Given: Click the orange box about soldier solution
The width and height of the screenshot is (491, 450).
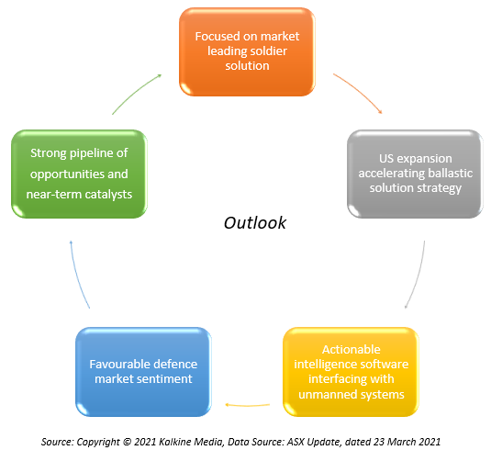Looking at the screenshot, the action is tap(247, 51).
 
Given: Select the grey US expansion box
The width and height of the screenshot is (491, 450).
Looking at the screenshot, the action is tap(415, 174).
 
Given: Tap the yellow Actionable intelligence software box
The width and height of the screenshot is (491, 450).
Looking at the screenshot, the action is tap(351, 372).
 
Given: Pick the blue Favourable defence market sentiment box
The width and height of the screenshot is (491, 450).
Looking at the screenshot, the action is tap(143, 372).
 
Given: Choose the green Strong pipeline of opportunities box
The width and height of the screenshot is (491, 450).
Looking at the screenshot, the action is tap(79, 174).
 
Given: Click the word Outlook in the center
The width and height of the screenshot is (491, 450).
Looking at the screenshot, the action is tap(255, 223).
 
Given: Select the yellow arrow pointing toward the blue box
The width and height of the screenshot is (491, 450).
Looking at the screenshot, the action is tap(248, 406).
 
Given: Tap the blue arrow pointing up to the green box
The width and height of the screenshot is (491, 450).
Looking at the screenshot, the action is tap(78, 276).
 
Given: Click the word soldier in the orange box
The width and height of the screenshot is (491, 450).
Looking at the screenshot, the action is tap(269, 51).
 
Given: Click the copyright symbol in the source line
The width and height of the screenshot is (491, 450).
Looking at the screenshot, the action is tap(127, 442).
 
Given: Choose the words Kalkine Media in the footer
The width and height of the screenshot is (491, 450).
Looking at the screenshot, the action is tap(191, 442).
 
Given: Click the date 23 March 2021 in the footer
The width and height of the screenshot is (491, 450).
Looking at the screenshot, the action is tap(407, 442).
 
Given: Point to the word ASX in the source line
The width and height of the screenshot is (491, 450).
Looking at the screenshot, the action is tap(296, 442).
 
